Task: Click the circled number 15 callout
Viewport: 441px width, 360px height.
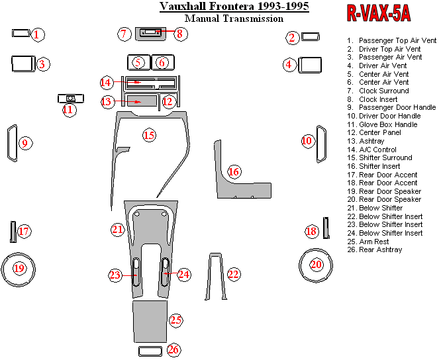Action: (149, 136)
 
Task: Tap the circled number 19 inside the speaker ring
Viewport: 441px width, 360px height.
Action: (19, 268)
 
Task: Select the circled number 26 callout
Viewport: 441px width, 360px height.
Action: (173, 349)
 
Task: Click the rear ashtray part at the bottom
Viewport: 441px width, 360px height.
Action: (150, 351)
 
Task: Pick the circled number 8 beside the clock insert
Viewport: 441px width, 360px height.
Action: (178, 32)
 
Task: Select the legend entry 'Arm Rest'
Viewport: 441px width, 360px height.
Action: (374, 242)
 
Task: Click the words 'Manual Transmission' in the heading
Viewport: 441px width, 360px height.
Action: (234, 19)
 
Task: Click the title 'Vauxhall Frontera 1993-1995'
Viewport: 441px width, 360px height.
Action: (234, 7)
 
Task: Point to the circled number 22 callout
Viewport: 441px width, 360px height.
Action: (233, 274)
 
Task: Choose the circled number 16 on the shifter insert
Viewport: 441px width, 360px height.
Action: (233, 172)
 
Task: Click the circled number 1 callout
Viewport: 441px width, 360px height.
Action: (38, 34)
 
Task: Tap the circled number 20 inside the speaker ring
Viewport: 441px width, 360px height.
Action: (317, 265)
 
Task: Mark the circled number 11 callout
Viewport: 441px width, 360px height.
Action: (68, 109)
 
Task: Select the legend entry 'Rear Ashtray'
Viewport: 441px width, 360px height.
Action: (380, 249)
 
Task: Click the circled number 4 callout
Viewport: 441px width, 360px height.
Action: (289, 65)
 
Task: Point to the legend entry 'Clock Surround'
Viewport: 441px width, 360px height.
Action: (383, 91)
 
